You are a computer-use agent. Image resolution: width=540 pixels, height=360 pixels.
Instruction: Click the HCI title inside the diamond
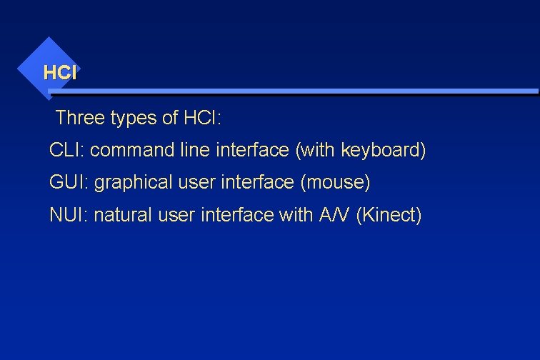59,72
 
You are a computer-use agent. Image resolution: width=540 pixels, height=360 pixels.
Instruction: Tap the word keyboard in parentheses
382,151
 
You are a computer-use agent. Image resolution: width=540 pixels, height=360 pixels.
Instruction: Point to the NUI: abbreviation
69,215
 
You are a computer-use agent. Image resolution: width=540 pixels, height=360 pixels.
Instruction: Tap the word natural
122,215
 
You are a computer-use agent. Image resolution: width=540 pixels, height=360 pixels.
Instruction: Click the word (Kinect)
393,215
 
